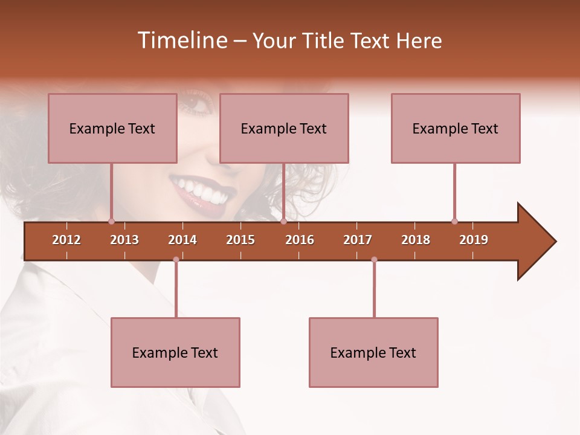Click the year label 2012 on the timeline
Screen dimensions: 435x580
pos(66,240)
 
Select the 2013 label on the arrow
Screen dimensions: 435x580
pos(124,240)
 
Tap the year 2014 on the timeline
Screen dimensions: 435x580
pos(182,240)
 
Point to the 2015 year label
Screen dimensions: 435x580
pos(240,240)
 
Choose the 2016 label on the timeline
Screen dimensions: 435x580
pos(300,240)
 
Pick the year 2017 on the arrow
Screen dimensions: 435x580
pos(358,240)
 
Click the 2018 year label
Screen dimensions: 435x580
pos(416,240)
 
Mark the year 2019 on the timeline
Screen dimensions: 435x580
pos(474,240)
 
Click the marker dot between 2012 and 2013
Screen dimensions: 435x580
pos(111,221)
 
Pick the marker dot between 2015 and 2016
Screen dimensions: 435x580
pos(283,221)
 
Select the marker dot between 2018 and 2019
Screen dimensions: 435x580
pos(454,221)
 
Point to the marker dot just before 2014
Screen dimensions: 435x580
pos(176,260)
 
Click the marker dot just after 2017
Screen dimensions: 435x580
pos(374,260)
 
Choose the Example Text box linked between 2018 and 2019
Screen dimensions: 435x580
pos(456,128)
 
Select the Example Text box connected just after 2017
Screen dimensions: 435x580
pos(373,352)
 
